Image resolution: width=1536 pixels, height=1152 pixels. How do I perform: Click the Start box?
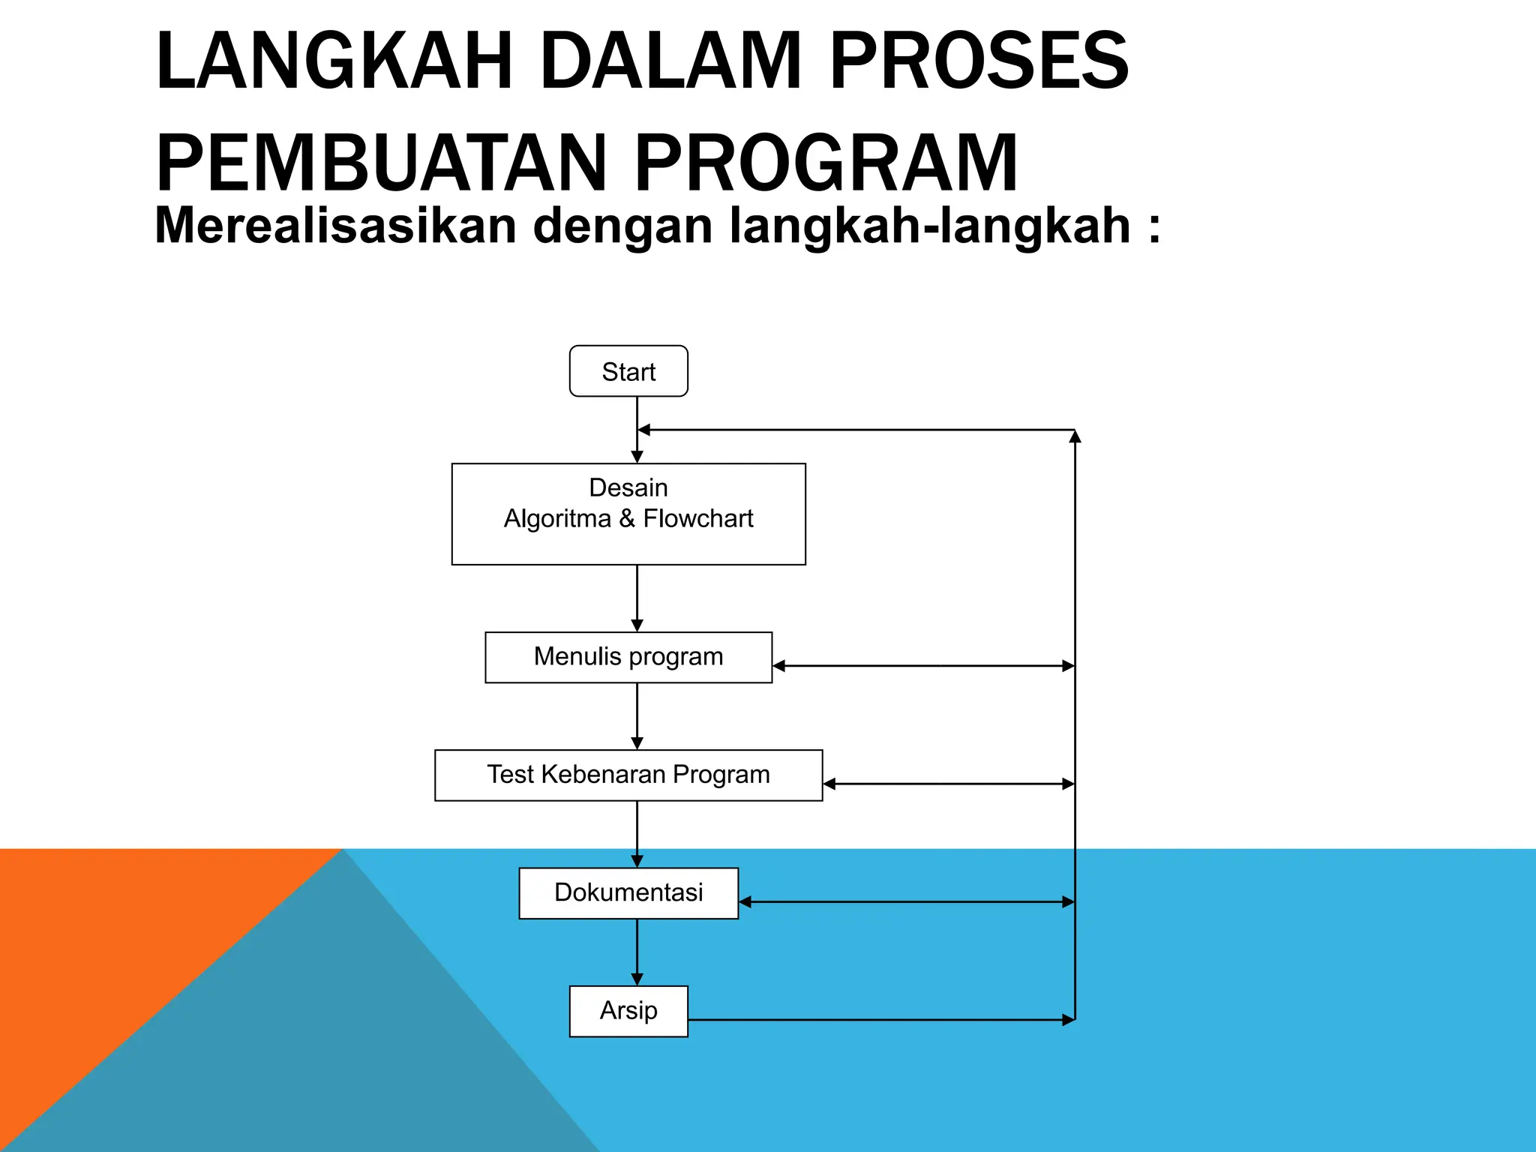point(628,371)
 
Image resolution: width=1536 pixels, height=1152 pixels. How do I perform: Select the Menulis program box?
point(628,657)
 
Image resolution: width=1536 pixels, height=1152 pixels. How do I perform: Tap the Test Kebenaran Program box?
point(628,775)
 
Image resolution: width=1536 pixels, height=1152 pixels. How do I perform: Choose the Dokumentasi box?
point(628,892)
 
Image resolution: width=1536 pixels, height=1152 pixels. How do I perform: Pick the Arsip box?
point(628,1010)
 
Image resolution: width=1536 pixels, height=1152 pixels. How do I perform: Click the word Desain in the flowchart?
point(628,487)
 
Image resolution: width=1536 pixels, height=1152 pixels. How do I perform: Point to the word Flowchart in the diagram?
point(698,518)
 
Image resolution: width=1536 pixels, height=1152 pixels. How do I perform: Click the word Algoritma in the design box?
point(557,518)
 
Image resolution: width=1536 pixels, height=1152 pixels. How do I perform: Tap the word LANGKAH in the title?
point(334,61)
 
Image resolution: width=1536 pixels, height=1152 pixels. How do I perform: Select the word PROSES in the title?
point(978,61)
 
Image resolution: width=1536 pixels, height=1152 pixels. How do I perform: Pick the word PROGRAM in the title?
point(826,163)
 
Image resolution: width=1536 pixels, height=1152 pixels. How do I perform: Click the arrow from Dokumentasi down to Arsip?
point(637,952)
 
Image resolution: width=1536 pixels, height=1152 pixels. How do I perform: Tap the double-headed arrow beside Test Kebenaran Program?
point(949,784)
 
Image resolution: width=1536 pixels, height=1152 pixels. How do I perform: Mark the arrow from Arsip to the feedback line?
point(881,1020)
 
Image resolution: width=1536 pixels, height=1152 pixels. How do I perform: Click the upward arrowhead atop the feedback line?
point(1075,436)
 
